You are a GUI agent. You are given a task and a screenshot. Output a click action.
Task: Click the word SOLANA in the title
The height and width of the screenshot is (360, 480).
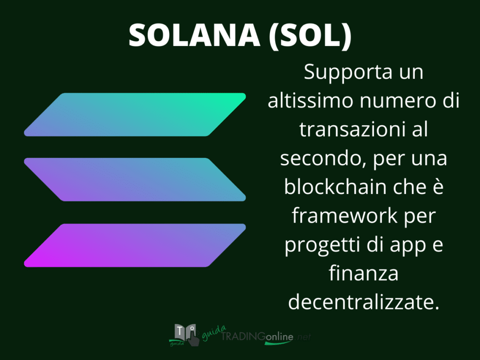[195, 35]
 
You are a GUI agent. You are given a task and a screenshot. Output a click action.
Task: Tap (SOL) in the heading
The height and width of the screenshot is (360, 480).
[310, 36]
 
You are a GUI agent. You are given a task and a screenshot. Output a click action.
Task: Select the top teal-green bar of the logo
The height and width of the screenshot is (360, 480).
[135, 114]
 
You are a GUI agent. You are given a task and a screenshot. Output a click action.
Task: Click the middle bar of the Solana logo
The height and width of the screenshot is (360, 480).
[135, 180]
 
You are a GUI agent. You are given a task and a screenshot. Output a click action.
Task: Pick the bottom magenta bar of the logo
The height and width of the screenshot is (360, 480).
[135, 245]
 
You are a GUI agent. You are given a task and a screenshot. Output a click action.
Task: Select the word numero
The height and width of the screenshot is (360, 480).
[397, 102]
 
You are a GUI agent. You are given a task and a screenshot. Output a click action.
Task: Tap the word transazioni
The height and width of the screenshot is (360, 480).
[350, 129]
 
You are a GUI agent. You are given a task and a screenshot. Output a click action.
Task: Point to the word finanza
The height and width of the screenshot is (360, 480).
[363, 273]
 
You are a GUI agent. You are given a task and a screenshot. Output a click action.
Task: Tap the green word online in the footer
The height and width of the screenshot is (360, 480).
[279, 337]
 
